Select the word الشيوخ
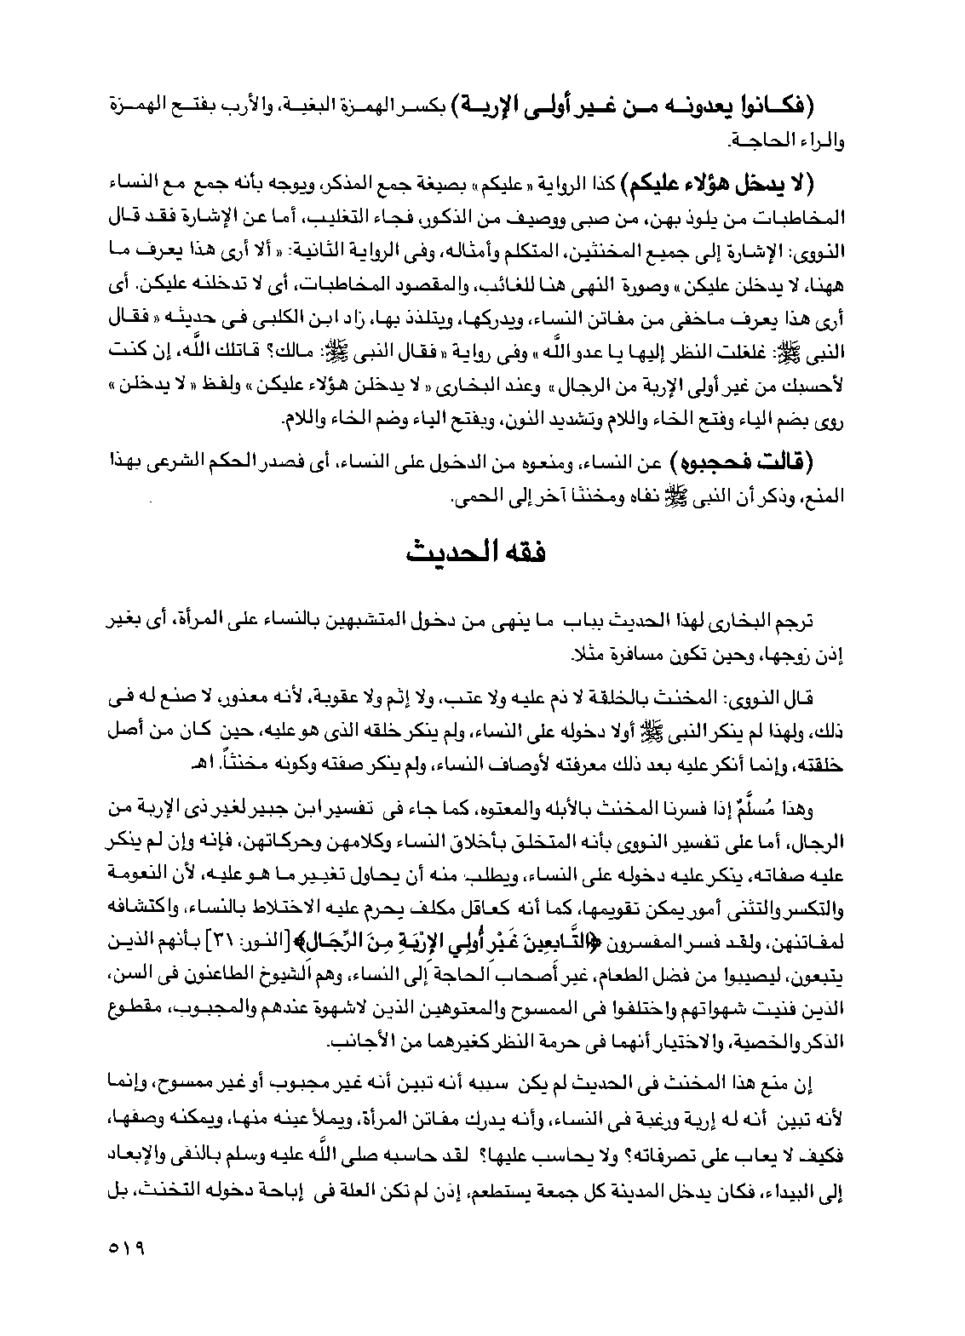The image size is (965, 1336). [x=271, y=967]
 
